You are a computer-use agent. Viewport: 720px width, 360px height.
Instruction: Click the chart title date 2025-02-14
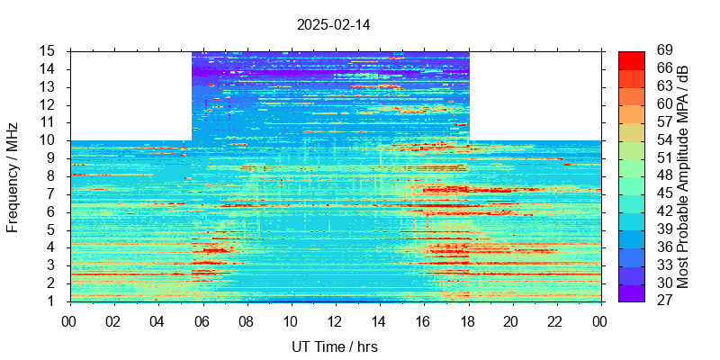333,24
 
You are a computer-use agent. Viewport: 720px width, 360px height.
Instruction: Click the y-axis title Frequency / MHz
13,176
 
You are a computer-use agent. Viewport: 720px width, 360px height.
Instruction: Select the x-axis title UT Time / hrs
334,346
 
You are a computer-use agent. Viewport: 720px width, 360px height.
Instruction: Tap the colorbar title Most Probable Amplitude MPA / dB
683,176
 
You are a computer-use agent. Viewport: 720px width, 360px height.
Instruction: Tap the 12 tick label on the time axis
335,321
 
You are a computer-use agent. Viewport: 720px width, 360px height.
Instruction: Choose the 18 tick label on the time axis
468,321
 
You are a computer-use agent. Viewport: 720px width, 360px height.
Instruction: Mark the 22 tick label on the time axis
556,321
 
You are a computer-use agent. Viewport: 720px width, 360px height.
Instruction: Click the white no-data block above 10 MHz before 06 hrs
130,95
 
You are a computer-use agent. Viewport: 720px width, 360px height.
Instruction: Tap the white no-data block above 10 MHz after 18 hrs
535,95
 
